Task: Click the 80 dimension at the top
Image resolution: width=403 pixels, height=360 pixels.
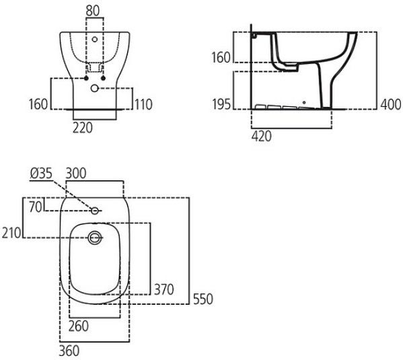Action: [x=93, y=11]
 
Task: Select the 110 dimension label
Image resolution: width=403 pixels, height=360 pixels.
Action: [x=143, y=104]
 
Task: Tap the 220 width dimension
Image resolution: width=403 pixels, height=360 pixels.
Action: [x=83, y=128]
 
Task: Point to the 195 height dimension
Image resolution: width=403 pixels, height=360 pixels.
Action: [x=221, y=104]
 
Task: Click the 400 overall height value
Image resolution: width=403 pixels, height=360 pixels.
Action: [x=391, y=104]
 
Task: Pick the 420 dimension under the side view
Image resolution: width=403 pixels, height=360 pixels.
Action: [x=262, y=136]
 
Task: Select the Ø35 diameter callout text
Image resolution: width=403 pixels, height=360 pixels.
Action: [x=41, y=174]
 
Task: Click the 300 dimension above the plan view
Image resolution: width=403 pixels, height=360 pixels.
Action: [x=76, y=174]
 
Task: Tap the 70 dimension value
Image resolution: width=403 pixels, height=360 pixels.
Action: [x=36, y=207]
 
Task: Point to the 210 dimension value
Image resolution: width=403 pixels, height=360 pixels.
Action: [x=11, y=233]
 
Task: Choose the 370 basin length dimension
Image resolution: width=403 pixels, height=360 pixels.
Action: [x=164, y=289]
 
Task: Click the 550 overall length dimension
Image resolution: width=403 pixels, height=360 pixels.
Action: [x=203, y=299]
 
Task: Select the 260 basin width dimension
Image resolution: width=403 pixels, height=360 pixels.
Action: [x=79, y=326]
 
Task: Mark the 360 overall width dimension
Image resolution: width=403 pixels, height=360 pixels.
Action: [x=69, y=351]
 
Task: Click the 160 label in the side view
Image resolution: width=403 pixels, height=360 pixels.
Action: [x=221, y=57]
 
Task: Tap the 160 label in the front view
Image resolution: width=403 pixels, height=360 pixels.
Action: [x=38, y=104]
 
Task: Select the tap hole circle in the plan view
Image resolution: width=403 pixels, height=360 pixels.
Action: [x=95, y=211]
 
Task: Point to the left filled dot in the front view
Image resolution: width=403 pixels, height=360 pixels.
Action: [x=86, y=78]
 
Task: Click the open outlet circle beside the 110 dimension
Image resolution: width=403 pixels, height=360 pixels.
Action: [x=95, y=88]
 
